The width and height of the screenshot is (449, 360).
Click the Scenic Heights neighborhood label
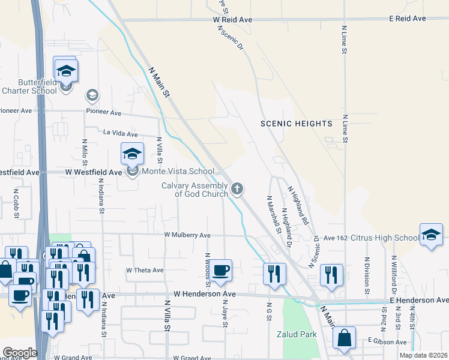click(296, 124)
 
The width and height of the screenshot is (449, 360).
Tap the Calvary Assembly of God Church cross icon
click(238, 190)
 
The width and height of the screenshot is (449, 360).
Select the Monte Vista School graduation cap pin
click(132, 155)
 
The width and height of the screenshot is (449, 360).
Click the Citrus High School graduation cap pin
click(431, 236)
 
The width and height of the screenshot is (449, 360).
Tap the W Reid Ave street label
click(233, 19)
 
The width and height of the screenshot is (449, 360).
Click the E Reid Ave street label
click(407, 19)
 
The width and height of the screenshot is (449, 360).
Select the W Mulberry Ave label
click(188, 235)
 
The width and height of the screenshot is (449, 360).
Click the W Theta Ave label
click(145, 271)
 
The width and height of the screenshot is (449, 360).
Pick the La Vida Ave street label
click(121, 134)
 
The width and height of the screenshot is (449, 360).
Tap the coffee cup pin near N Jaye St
click(221, 271)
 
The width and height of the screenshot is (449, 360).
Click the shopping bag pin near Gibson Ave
click(345, 339)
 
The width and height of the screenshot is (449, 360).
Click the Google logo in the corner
click(20, 353)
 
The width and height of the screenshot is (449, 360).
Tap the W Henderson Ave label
click(205, 295)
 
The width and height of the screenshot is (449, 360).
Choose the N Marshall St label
click(273, 214)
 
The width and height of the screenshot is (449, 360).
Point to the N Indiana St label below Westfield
click(102, 199)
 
